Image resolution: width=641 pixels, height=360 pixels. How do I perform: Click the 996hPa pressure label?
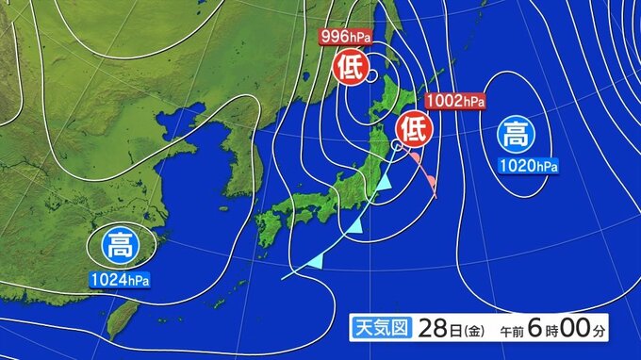coord(346,37)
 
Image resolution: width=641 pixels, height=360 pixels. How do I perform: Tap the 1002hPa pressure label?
coord(455,101)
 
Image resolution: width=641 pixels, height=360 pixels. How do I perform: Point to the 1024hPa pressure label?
coord(121,280)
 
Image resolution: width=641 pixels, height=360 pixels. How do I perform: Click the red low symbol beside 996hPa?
coord(348,66)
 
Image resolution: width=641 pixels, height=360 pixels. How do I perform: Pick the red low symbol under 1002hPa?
coord(412,125)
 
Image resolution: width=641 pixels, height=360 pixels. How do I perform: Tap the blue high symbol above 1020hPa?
coord(516,134)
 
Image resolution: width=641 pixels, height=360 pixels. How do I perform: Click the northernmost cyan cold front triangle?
coord(384,185)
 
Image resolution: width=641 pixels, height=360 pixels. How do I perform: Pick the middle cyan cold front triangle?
coord(354,225)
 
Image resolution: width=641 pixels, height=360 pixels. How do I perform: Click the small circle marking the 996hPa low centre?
coord(372,74)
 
